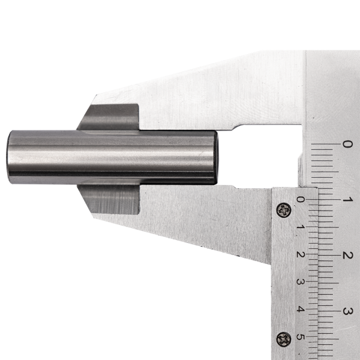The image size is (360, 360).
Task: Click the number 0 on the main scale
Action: tap(347, 144)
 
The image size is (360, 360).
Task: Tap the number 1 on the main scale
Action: tap(347, 200)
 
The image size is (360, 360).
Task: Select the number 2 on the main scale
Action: tap(347, 256)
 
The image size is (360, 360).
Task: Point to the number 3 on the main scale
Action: tap(347, 311)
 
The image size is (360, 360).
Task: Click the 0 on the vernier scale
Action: tap(301, 199)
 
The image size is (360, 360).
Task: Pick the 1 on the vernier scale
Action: tap(301, 227)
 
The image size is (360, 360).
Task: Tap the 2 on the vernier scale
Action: tap(301, 254)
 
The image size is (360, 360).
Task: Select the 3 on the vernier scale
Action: tap(301, 282)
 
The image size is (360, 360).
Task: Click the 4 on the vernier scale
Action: tap(301, 309)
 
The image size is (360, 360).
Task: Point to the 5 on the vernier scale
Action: tap(301, 337)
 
